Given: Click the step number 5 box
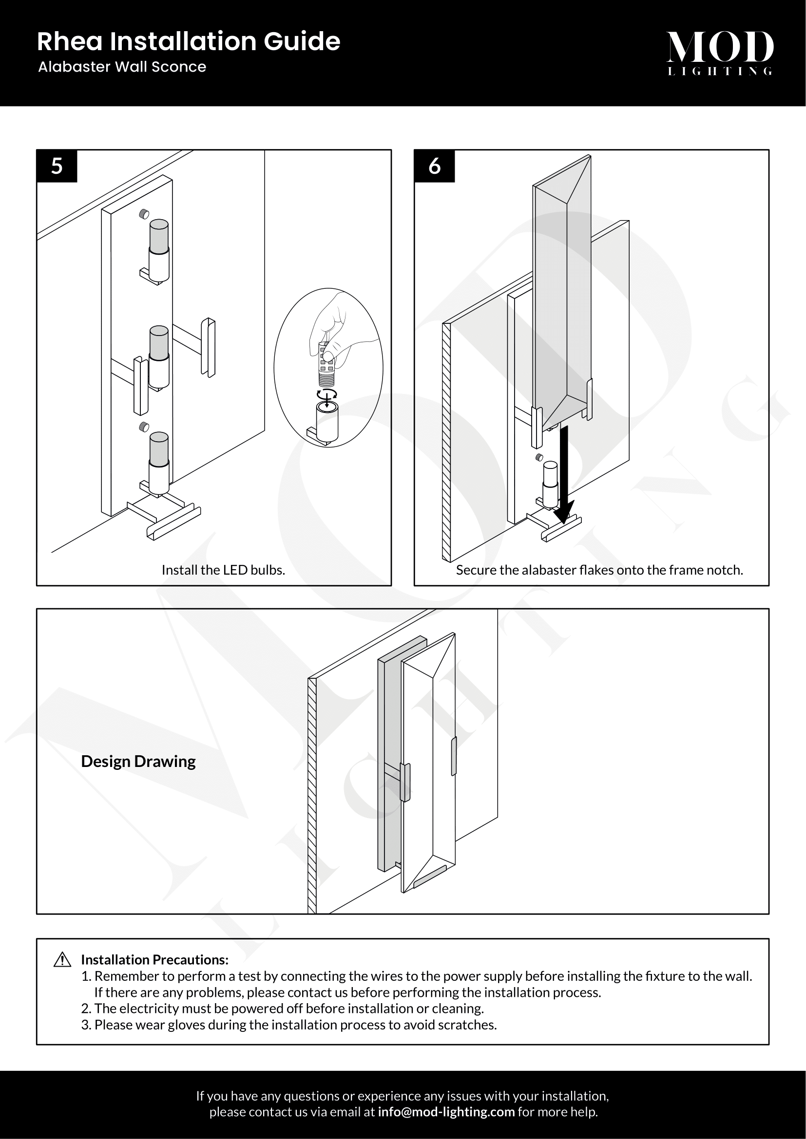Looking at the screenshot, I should (x=57, y=166).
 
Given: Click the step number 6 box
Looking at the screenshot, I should (x=434, y=166).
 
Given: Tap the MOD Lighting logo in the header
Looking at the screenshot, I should (x=720, y=53).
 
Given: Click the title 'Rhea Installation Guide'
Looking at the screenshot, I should (x=189, y=41).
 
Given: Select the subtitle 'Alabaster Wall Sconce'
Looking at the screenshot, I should (x=122, y=67).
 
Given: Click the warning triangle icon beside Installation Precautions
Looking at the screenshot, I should (x=62, y=960).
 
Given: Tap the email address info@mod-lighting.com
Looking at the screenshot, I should (x=446, y=1112).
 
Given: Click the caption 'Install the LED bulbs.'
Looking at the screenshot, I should (x=223, y=570).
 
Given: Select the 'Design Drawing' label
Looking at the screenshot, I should (x=138, y=762).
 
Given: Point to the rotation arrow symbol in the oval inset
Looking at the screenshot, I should (x=327, y=395).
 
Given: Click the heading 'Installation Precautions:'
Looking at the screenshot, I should (x=154, y=960).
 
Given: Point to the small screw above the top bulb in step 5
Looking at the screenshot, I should (x=144, y=214).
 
